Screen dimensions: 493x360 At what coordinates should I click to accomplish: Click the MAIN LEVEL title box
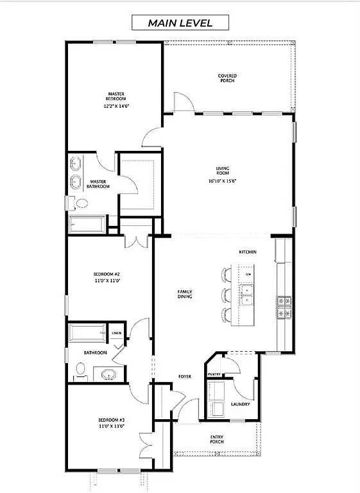(x=180, y=22)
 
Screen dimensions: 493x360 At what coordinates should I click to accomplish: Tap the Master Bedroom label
(x=116, y=96)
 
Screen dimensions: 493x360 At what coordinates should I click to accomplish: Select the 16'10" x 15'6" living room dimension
(x=223, y=182)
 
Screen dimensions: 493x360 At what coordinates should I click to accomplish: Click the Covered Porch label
(x=227, y=78)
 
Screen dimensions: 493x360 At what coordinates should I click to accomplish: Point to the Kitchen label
(x=248, y=252)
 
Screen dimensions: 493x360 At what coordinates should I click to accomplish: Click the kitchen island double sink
(x=248, y=295)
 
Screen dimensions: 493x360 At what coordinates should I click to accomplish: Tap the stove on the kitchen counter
(x=284, y=307)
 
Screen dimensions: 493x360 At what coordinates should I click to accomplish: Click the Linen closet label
(x=116, y=333)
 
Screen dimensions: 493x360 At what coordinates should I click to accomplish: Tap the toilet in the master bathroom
(x=80, y=203)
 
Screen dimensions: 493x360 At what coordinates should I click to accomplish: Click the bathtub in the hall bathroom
(x=87, y=334)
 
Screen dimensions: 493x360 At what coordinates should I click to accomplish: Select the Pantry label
(x=214, y=374)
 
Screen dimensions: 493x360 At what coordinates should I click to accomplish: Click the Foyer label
(x=185, y=376)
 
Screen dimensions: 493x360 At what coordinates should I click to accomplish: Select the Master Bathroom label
(x=99, y=184)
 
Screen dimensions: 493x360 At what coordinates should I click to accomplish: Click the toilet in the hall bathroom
(x=80, y=370)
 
